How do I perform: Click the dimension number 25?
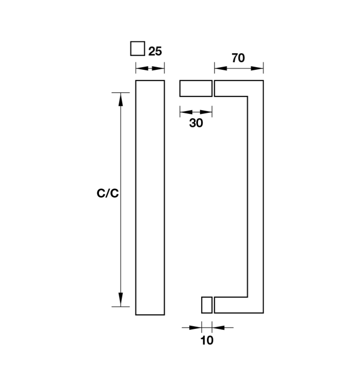155,51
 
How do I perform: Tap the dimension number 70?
238,58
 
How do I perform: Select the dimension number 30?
196,123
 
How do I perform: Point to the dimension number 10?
207,340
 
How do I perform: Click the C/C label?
108,193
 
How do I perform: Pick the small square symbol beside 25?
138,49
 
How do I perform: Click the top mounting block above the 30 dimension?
196,88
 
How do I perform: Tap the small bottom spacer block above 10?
207,305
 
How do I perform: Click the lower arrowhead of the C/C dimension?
121,300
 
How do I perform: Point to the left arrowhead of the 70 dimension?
221,68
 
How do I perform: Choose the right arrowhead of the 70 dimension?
257,68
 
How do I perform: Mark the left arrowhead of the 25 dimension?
142,68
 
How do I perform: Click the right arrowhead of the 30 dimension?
206,112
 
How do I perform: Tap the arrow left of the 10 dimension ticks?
192,328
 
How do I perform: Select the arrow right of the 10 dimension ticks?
222,328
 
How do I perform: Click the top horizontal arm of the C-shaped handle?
231,88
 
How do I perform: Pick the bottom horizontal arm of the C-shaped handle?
231,305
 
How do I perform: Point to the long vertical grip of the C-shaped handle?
256,197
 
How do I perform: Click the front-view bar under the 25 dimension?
150,198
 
